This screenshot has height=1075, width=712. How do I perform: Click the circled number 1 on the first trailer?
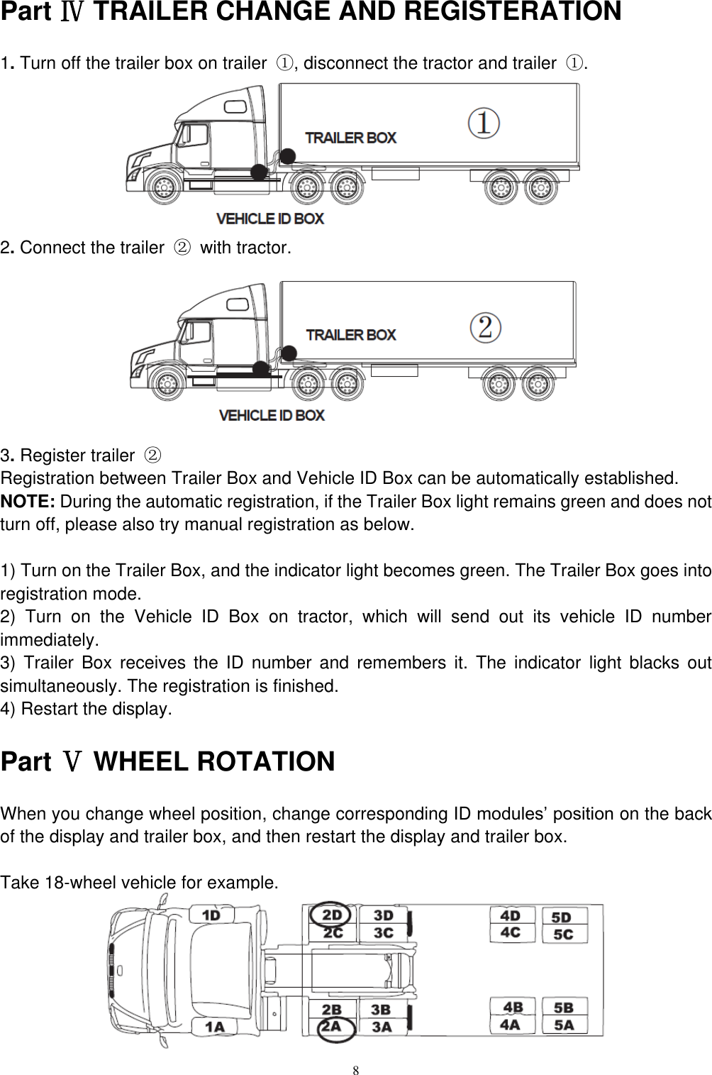[484, 123]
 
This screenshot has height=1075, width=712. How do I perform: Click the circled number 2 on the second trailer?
[486, 327]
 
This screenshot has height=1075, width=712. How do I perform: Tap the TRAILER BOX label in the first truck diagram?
[350, 138]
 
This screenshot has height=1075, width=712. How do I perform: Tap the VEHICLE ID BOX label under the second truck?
[272, 415]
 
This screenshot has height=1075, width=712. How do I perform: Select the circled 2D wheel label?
[332, 915]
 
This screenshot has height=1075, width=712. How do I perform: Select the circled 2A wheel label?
[332, 1026]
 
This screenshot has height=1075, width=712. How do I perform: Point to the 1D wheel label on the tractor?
[211, 915]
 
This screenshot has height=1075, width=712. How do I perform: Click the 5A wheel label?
[564, 1025]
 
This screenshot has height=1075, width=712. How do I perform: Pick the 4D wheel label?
[511, 915]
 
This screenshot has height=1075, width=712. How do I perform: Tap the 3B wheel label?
[382, 1009]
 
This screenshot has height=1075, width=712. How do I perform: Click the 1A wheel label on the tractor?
[214, 1026]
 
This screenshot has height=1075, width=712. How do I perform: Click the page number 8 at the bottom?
[357, 1069]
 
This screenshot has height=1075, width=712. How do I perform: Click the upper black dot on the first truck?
[287, 155]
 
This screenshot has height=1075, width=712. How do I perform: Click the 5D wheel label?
[562, 917]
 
